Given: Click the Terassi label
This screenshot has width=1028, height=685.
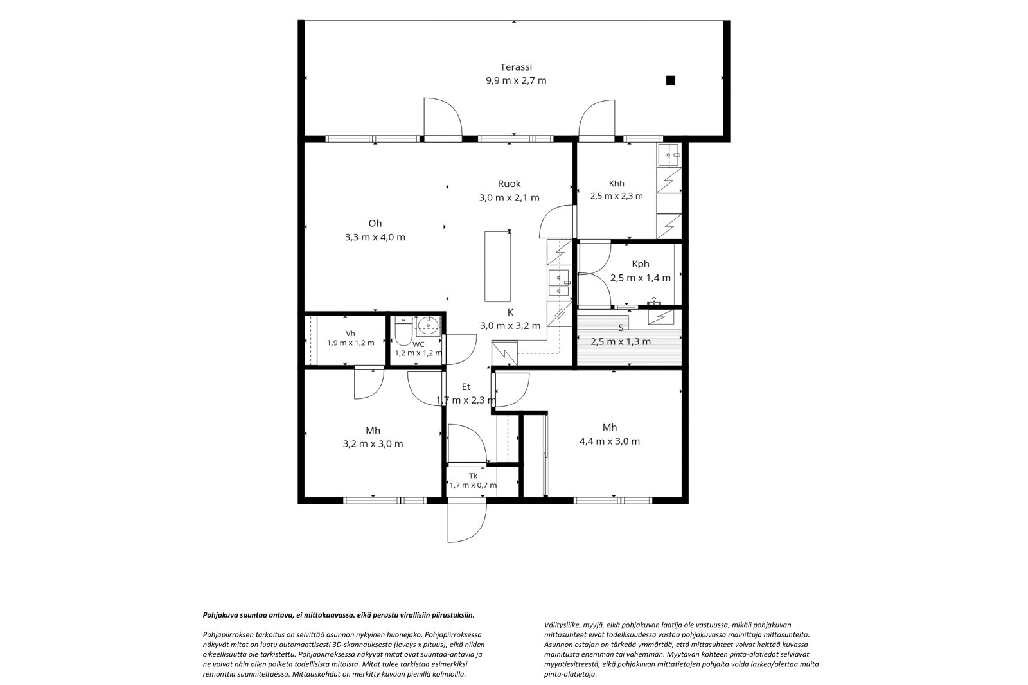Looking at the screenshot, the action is click(x=516, y=67).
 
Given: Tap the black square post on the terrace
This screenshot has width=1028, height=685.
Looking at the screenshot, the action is click(x=671, y=80).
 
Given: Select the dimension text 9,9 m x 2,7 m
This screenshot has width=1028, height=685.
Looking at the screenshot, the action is click(x=517, y=81).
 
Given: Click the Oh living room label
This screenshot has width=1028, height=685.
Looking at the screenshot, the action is click(x=375, y=224).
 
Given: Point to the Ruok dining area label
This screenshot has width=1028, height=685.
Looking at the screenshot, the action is click(x=510, y=184).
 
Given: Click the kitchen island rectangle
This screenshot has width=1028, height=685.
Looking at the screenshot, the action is click(x=497, y=266).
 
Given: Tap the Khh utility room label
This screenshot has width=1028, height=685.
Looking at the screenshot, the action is click(x=616, y=184).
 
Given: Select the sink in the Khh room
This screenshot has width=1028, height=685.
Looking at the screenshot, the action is click(x=669, y=155).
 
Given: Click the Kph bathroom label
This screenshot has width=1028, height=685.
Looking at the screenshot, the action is click(x=641, y=264).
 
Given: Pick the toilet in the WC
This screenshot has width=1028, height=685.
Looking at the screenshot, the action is click(x=404, y=332).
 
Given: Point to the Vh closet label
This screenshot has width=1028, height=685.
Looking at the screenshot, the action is click(x=350, y=334).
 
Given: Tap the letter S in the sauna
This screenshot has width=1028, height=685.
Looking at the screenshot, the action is click(x=621, y=327).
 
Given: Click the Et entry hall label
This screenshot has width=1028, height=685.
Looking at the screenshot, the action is click(x=466, y=387).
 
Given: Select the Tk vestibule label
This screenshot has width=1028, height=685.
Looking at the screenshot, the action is click(x=473, y=476).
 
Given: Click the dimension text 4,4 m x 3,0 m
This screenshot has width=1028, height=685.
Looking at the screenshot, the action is click(x=610, y=441).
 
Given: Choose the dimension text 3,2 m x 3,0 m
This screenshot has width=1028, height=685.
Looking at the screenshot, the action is click(x=373, y=445).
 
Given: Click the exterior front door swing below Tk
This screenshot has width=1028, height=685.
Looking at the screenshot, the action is click(x=467, y=520).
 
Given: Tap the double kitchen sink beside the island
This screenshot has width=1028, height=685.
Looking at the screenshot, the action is click(x=559, y=283).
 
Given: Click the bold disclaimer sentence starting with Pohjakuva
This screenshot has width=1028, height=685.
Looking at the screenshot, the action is click(x=339, y=615).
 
